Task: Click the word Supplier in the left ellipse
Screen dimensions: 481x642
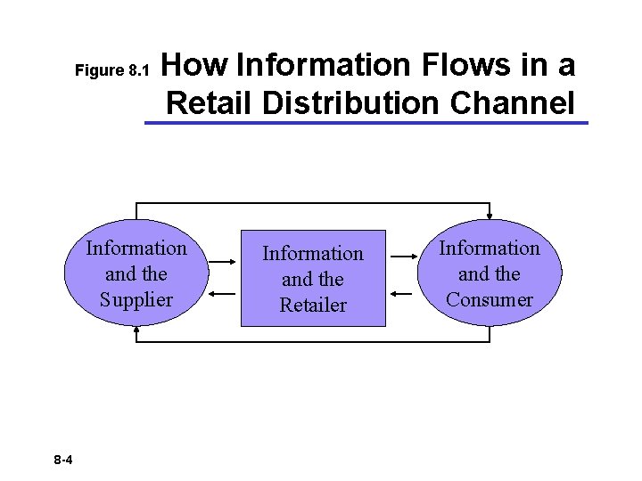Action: click(136, 300)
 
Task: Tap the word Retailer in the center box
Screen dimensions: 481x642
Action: click(312, 306)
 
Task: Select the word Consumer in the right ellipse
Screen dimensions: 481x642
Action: click(490, 300)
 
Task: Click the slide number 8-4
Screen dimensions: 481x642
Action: click(63, 460)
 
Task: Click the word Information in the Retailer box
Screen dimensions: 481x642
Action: click(312, 254)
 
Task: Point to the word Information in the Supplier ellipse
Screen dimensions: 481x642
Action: click(136, 248)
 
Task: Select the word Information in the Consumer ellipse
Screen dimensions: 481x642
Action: click(490, 248)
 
